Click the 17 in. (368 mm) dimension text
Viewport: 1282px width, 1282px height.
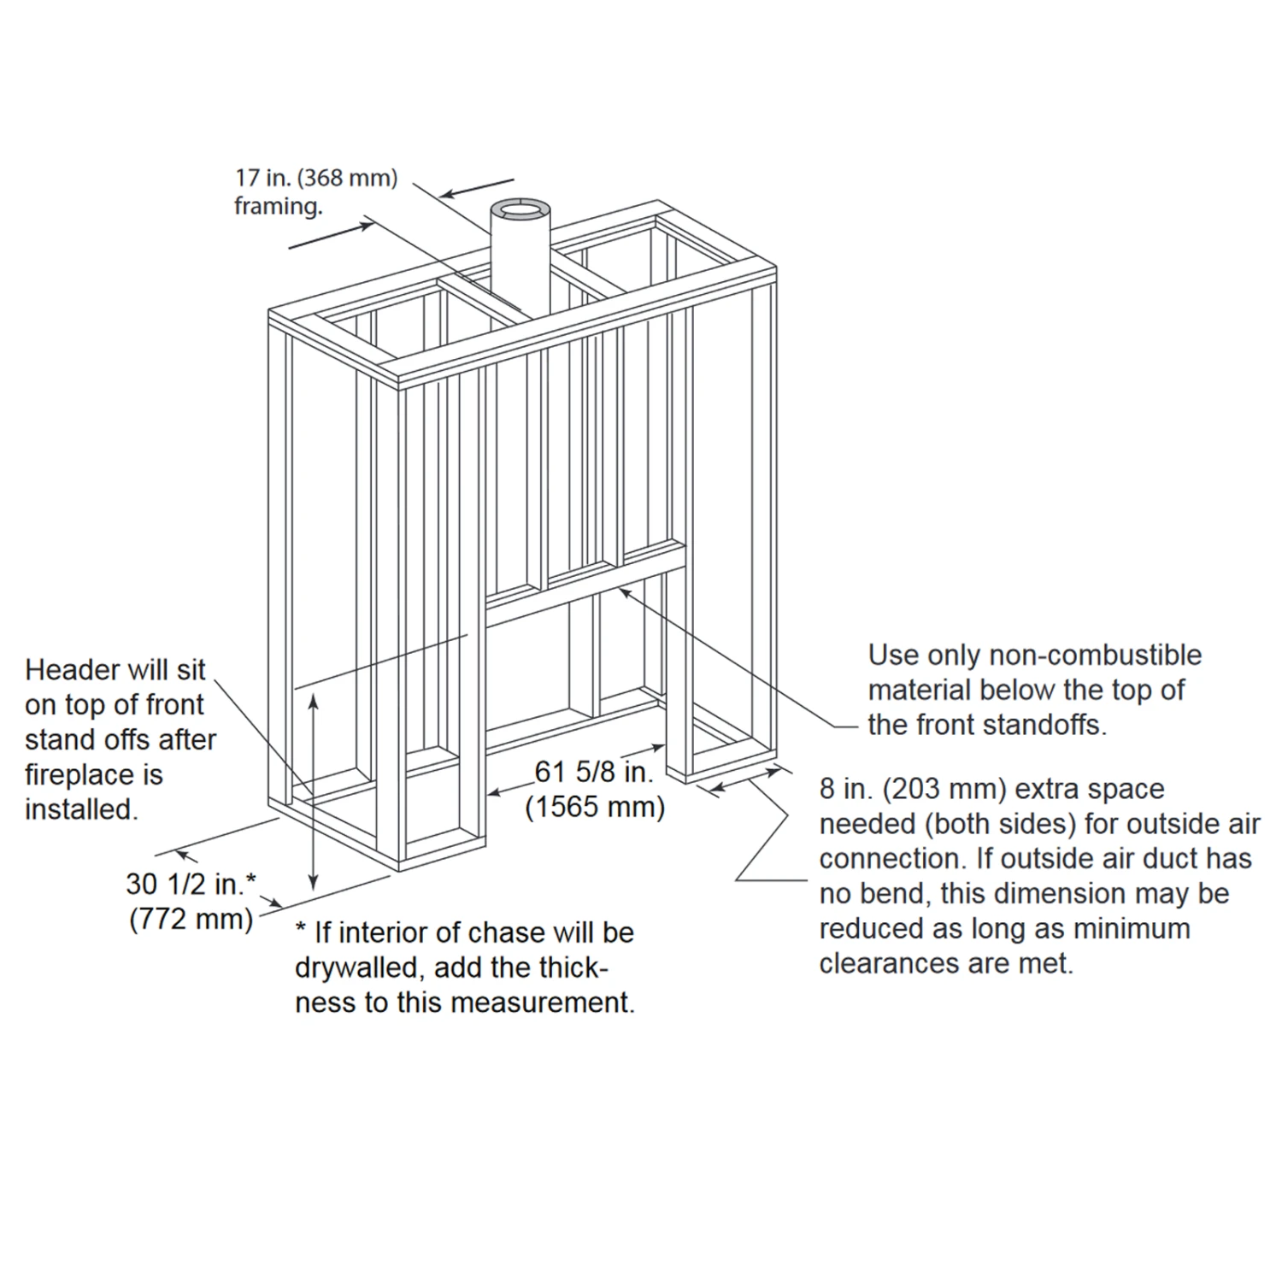[x=316, y=179]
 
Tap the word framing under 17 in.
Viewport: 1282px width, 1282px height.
[x=278, y=207]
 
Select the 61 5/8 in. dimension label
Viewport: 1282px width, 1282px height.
[x=594, y=772]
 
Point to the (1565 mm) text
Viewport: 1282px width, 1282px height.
[x=595, y=807]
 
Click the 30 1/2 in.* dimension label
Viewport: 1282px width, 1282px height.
[x=191, y=884]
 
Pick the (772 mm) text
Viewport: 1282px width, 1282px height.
[x=191, y=920]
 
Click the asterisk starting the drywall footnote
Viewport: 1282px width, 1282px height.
[x=301, y=930]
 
